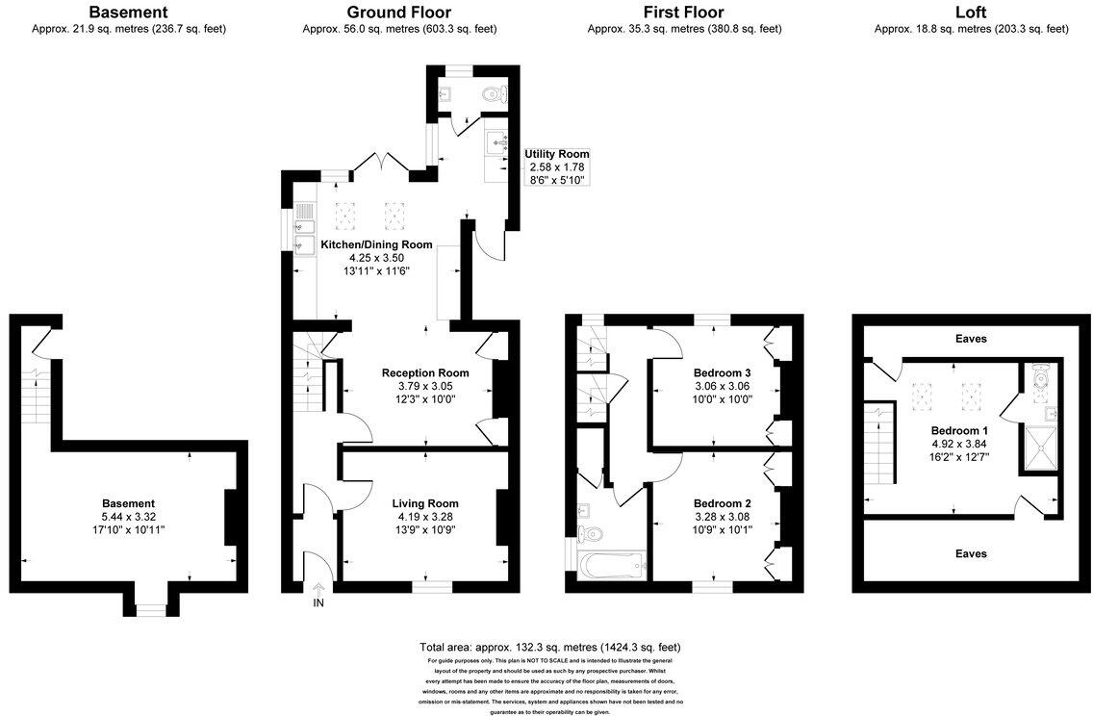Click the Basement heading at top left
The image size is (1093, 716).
coord(128,13)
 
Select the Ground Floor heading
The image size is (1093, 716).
coord(398,13)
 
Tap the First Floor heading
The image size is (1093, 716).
coord(683,13)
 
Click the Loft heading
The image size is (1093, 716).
coord(970,13)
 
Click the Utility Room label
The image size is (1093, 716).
coord(556,154)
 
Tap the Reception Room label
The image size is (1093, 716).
coord(425,373)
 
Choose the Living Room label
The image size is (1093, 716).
coord(425,503)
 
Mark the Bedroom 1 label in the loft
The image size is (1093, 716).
coord(958,430)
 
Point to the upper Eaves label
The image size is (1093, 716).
coord(971,339)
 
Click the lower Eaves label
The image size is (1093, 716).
coord(971,553)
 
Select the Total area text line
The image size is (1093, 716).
coord(549,647)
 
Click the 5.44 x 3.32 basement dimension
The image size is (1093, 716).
coord(128,517)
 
